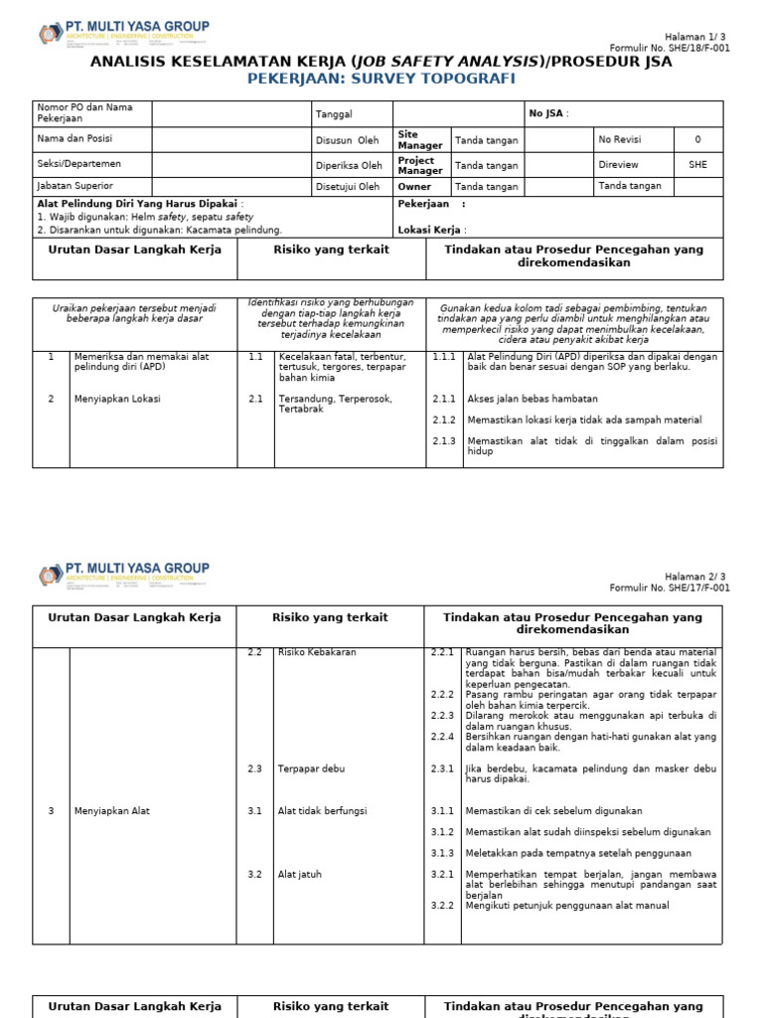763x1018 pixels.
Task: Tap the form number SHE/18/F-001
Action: pyautogui.click(x=670, y=48)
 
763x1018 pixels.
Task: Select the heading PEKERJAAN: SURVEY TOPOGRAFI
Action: pyautogui.click(x=381, y=80)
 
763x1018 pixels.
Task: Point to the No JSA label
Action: pyautogui.click(x=548, y=114)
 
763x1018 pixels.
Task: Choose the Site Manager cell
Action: pyautogui.click(x=420, y=140)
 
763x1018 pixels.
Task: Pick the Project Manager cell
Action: pyautogui.click(x=420, y=165)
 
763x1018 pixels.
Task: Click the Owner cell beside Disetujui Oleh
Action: pyautogui.click(x=415, y=187)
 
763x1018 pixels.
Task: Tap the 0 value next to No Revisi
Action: pyautogui.click(x=696, y=140)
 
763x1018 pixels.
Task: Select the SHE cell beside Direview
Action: pyautogui.click(x=697, y=165)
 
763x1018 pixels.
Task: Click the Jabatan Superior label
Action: pyautogui.click(x=75, y=186)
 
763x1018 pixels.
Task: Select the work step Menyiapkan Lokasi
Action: pyautogui.click(x=117, y=399)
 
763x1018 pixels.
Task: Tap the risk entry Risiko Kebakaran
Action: pyautogui.click(x=317, y=652)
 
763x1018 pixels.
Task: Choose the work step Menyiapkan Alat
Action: pyautogui.click(x=111, y=811)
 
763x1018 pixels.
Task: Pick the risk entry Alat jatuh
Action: pyautogui.click(x=299, y=875)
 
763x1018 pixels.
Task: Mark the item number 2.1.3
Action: pyautogui.click(x=443, y=441)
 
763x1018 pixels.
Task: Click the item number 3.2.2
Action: pyautogui.click(x=442, y=906)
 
